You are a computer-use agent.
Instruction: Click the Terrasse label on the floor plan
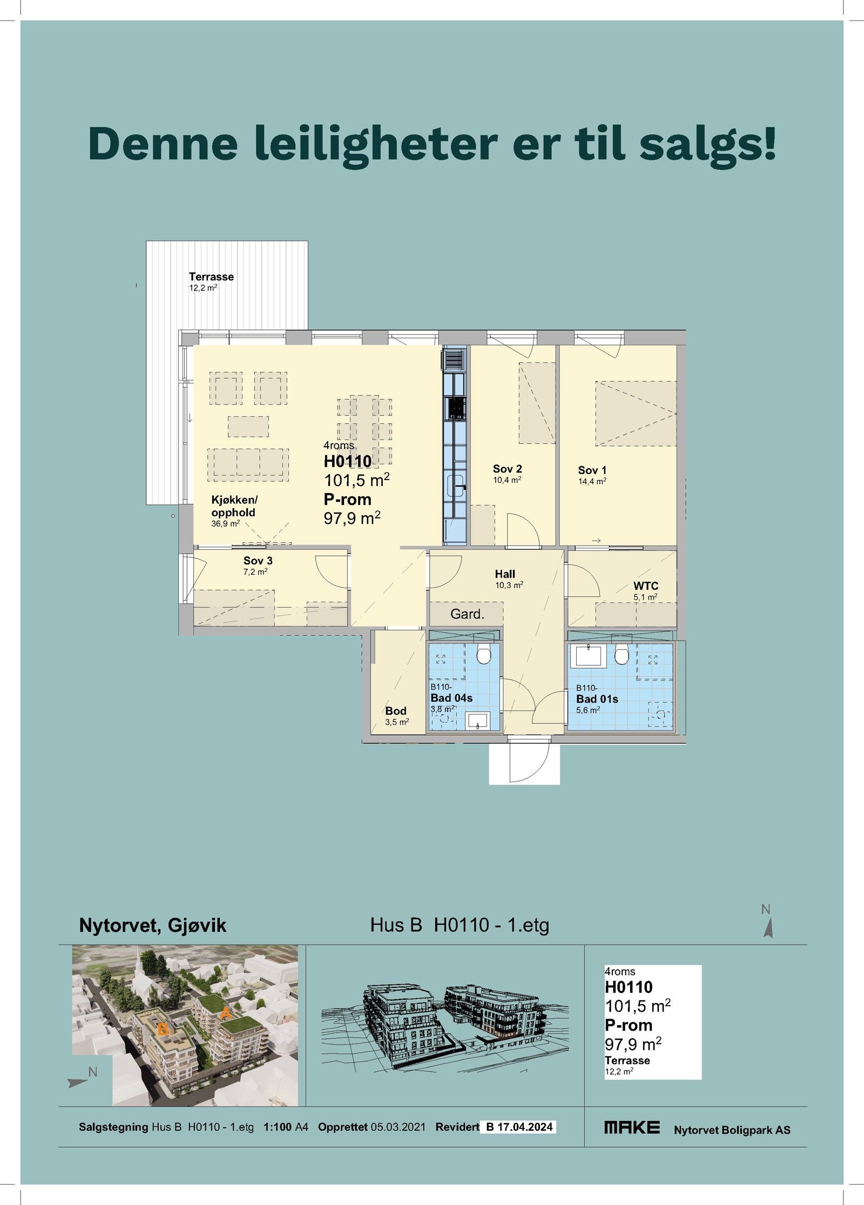211,277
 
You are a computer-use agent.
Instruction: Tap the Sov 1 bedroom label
592,470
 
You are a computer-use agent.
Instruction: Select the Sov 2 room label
507,469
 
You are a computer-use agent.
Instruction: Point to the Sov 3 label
258,561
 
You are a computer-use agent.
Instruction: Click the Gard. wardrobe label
467,614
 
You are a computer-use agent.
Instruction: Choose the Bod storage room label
396,711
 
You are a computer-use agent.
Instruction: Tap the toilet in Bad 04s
484,656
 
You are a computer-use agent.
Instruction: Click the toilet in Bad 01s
622,656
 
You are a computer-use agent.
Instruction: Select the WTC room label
645,586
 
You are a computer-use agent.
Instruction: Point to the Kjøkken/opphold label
234,507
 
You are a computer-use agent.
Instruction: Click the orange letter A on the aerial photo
226,1014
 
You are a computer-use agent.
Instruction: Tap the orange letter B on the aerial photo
163,1031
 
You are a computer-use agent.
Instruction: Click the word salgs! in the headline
707,144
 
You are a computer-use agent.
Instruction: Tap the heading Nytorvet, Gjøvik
152,925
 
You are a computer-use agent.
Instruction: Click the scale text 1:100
277,1127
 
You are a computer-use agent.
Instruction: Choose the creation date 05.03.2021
398,1127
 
